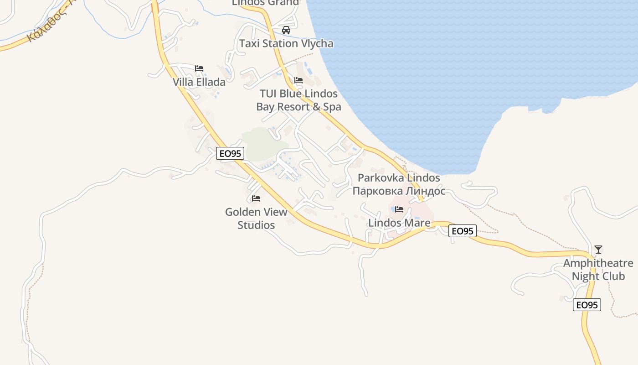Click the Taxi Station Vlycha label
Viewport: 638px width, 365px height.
coord(286,44)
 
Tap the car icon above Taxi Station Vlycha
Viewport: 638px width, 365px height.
coord(286,30)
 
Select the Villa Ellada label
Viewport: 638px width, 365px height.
coord(199,82)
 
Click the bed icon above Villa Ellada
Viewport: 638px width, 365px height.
coord(199,68)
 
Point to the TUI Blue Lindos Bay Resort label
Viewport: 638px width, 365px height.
coord(298,100)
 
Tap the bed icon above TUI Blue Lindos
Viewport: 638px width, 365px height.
coord(298,80)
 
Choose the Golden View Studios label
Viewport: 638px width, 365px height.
coord(256,218)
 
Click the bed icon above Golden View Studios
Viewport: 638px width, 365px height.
coord(256,198)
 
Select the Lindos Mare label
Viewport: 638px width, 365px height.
coord(399,223)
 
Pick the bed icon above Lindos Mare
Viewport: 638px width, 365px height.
coord(399,209)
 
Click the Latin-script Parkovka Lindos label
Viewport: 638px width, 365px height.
coord(399,178)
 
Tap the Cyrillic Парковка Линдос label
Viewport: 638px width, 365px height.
coord(399,191)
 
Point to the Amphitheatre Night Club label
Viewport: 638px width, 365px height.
coord(598,270)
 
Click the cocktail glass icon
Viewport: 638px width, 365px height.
coord(598,250)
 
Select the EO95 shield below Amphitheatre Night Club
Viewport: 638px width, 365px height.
coord(587,305)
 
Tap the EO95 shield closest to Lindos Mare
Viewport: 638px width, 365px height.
coord(463,231)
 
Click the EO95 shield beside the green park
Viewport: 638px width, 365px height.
coord(230,153)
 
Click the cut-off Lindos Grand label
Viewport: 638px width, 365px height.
coord(265,3)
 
